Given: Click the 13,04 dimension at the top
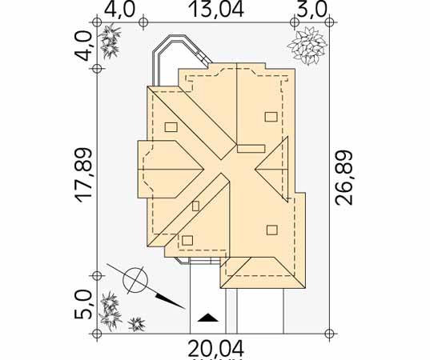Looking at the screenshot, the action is point(217,10).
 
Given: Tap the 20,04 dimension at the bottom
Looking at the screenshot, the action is point(216,348).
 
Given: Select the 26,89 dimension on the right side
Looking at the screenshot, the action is point(344,178).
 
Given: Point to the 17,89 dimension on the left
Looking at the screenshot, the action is point(84,175).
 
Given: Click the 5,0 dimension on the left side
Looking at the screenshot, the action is point(83,305).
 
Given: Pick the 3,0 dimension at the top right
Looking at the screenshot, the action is point(312,10).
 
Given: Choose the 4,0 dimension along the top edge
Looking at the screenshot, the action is point(120,10).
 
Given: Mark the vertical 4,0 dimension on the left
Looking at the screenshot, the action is point(83,46).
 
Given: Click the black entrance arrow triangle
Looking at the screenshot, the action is point(207,318).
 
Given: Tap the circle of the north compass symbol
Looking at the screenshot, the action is point(135,280).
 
